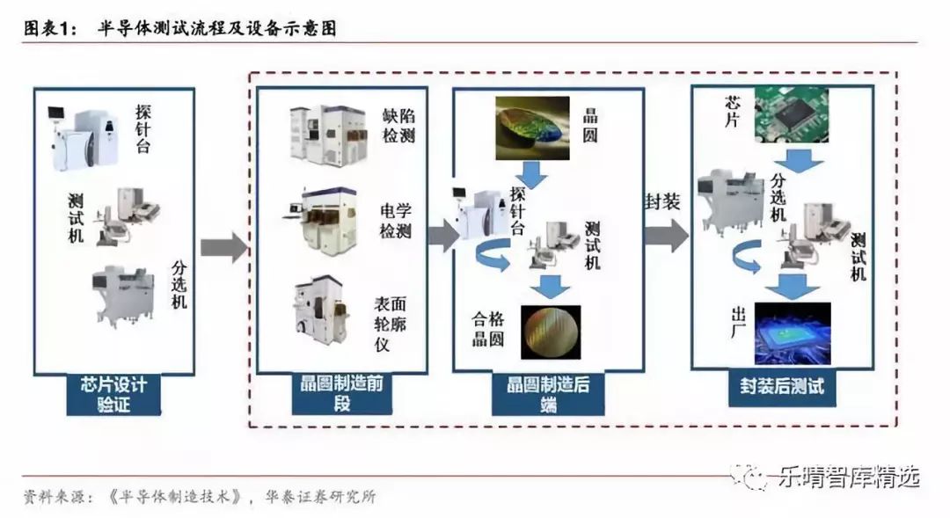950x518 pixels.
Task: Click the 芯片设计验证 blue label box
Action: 113,394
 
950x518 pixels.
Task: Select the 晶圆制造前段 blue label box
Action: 341,394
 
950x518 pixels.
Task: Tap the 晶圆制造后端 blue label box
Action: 548,394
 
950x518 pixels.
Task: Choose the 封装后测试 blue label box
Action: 782,387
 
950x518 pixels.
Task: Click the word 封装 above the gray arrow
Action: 662,201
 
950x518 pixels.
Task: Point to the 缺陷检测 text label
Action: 398,126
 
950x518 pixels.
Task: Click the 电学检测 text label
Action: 396,221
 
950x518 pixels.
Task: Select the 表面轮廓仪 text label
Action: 391,325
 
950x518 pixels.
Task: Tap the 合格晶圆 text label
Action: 488,328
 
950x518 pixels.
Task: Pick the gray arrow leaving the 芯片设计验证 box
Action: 224,247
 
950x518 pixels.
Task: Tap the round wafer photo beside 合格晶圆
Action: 551,332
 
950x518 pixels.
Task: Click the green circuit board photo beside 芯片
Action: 791,114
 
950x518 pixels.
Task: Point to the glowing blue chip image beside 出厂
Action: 793,333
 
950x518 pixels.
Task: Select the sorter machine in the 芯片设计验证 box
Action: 124,295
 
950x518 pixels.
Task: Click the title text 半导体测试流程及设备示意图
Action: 217,28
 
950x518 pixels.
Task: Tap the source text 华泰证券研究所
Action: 320,498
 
